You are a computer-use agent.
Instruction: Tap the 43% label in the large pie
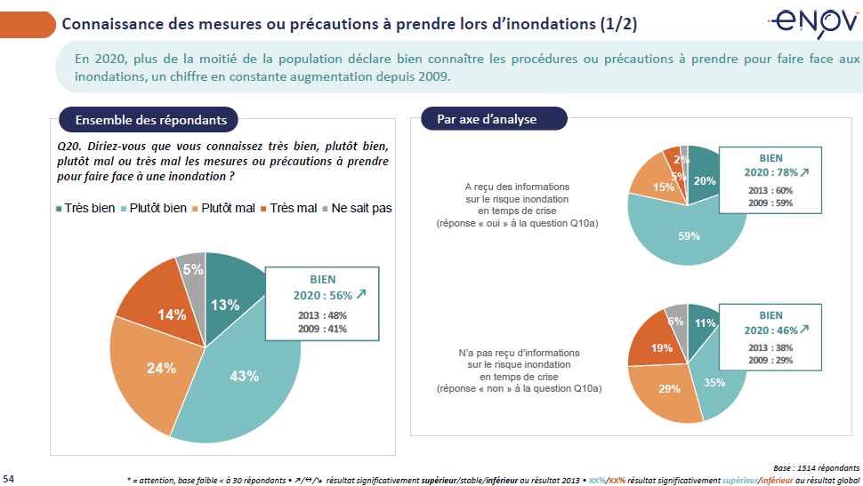click(244, 376)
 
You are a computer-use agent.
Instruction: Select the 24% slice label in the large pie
click(161, 368)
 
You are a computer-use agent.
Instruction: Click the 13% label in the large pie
click(225, 305)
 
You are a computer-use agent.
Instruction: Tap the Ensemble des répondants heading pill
click(150, 120)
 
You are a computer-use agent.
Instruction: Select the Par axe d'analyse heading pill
click(486, 119)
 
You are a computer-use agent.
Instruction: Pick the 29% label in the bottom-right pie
click(669, 388)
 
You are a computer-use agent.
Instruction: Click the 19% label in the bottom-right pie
click(661, 349)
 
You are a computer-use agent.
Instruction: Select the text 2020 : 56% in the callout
click(329, 295)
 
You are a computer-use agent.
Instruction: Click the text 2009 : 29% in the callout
click(770, 361)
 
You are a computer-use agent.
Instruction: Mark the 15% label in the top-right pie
click(663, 187)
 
